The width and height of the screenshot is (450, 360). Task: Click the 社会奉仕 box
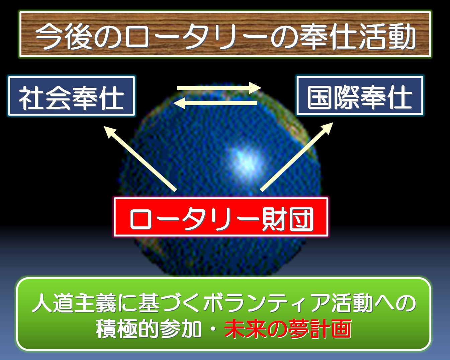point(71,96)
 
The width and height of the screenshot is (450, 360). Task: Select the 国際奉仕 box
point(360,96)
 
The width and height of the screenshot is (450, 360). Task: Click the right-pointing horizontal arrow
point(219,88)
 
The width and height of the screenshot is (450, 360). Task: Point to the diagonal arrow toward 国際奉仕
point(296,157)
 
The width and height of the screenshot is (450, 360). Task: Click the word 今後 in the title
point(64,36)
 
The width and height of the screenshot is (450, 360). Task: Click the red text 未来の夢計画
point(288,329)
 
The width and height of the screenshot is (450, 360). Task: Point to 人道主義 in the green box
point(74,303)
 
